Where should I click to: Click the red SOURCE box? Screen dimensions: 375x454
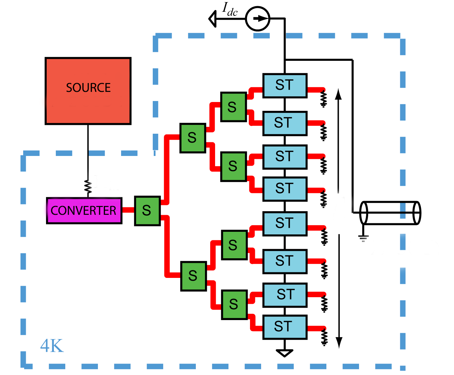coord(88,91)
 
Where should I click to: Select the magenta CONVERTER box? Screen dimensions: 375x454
coord(84,211)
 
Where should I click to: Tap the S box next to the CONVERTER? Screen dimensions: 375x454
coord(147,211)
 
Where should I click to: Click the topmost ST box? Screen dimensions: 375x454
coord(285,86)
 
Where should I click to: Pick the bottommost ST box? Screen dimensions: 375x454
coord(285,327)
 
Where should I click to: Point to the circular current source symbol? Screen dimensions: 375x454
coord(258,19)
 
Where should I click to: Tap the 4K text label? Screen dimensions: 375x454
coord(52,346)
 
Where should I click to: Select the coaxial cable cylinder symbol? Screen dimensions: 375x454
coord(390,213)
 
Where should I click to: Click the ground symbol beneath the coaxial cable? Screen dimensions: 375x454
coord(363,238)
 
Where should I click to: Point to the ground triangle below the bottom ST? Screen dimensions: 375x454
coord(284,353)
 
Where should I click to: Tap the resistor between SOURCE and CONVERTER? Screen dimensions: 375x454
coord(88,187)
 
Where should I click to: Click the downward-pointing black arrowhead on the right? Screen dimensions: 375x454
coord(339,342)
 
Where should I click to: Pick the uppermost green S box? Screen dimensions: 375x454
coord(233,107)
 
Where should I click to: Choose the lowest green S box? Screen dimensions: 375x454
coord(234,304)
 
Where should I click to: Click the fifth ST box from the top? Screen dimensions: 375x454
coord(285,224)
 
